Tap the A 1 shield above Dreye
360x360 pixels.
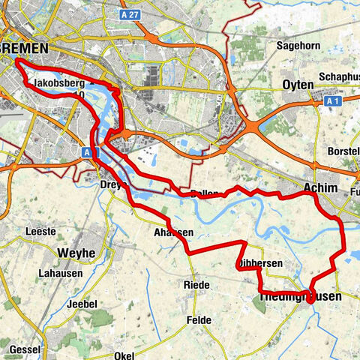tap(88, 152)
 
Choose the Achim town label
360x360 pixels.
tap(322, 188)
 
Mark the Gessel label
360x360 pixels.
tap(25, 350)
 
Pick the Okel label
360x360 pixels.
tap(125, 355)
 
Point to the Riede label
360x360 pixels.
tap(196, 286)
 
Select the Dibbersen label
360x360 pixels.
tap(259, 264)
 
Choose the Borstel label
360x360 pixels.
tap(343, 151)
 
